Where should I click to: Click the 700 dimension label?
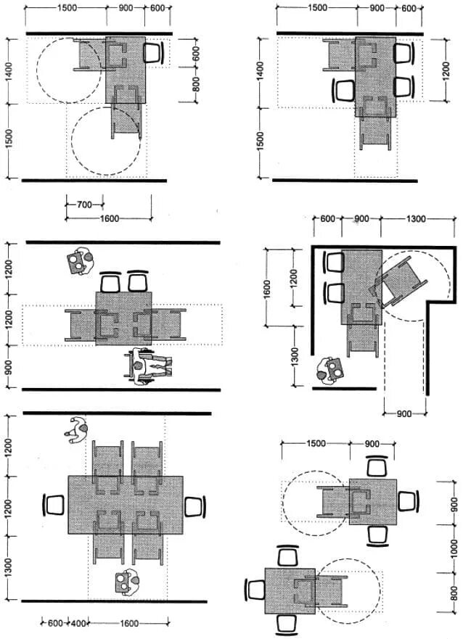click(x=84, y=204)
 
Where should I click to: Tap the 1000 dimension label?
click(x=454, y=549)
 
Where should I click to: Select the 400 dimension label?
click(x=78, y=623)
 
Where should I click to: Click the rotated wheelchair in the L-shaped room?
click(x=399, y=282)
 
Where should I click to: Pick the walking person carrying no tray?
click(x=76, y=429)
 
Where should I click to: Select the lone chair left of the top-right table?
click(x=344, y=90)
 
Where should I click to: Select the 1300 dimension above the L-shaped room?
click(x=416, y=219)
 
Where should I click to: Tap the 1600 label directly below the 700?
click(x=110, y=219)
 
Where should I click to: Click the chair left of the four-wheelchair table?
click(x=54, y=506)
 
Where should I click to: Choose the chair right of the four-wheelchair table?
click(x=195, y=507)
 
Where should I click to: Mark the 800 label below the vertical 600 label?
click(x=196, y=84)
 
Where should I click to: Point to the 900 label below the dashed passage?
click(x=404, y=414)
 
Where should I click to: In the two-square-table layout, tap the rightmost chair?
click(x=408, y=501)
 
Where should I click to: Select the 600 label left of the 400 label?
click(x=55, y=623)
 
